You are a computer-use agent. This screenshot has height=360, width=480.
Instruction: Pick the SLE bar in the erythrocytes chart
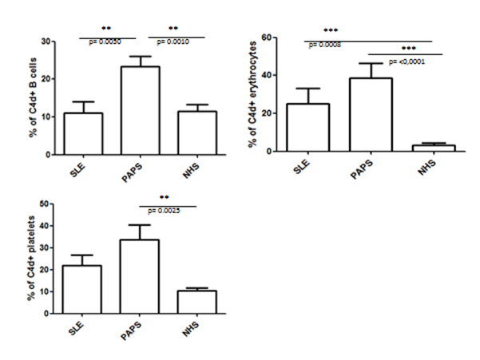click(307, 128)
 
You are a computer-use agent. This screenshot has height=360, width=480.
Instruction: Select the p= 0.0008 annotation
click(324, 45)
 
